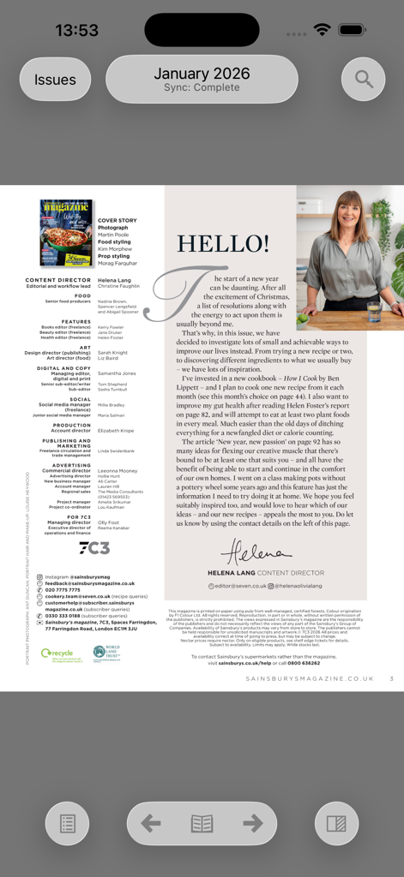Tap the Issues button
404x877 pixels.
[55, 80]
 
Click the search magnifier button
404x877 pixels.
[364, 80]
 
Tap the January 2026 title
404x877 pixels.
[202, 75]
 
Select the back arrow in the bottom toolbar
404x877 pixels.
[151, 824]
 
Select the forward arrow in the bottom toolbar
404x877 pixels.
[252, 824]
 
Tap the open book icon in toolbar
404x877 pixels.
[202, 824]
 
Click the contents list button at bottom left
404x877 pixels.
[67, 824]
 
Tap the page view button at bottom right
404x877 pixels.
[336, 824]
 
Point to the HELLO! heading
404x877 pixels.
[222, 243]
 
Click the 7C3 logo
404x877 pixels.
[94, 548]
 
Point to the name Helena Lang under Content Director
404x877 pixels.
[114, 280]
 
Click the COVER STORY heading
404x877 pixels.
[117, 221]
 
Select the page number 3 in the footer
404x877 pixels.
[391, 678]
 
